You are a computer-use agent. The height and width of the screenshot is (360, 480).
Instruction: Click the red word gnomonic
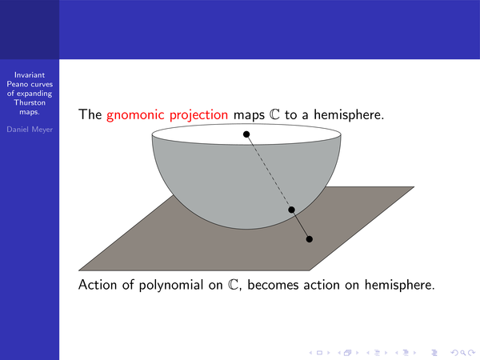click(x=135, y=115)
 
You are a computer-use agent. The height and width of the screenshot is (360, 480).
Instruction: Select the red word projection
click(x=198, y=115)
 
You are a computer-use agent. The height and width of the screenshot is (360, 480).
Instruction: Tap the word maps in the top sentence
click(x=249, y=115)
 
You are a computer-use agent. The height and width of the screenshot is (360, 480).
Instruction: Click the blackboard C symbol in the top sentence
click(x=274, y=114)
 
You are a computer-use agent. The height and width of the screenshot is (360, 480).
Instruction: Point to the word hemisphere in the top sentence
click(x=349, y=114)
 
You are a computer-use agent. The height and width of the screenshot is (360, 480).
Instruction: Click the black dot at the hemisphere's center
click(x=246, y=134)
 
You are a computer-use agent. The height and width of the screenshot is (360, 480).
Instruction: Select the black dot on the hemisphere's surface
click(x=291, y=210)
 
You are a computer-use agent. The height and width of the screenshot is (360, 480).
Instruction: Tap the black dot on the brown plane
click(x=310, y=239)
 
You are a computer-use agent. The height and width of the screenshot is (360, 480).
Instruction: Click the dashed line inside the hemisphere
click(x=269, y=172)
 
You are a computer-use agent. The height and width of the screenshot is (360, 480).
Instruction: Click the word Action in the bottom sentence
click(x=98, y=285)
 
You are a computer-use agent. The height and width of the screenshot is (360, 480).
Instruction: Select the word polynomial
click(x=171, y=286)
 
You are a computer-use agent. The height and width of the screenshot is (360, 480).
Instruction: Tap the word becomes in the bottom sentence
click(x=273, y=285)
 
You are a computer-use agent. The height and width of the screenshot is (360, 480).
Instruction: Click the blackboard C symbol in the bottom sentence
click(x=233, y=285)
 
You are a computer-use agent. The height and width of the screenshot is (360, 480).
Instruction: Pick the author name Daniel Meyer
click(x=30, y=130)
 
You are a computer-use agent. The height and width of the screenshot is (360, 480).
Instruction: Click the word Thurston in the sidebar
click(x=30, y=102)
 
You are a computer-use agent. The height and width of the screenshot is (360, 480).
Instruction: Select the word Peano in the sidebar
click(x=18, y=84)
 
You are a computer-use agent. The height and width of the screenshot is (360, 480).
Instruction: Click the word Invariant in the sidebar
click(x=30, y=75)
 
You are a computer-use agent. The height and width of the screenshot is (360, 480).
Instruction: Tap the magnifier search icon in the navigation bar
click(x=463, y=353)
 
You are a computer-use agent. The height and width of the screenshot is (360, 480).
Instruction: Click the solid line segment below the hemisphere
click(x=301, y=224)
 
